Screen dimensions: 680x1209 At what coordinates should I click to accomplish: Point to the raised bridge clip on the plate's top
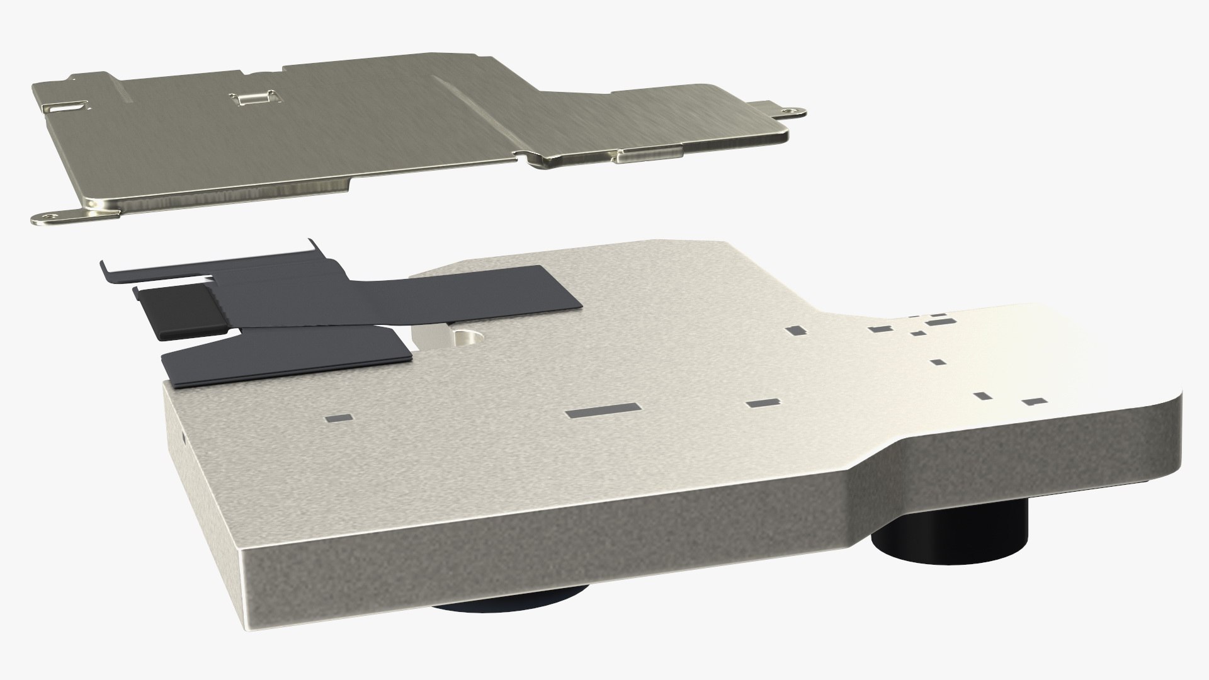point(255,97)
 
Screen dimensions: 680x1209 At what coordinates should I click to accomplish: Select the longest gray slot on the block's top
point(603,411)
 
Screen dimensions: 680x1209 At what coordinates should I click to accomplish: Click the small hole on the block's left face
point(183,435)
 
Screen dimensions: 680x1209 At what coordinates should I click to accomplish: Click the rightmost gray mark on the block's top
point(1031,402)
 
